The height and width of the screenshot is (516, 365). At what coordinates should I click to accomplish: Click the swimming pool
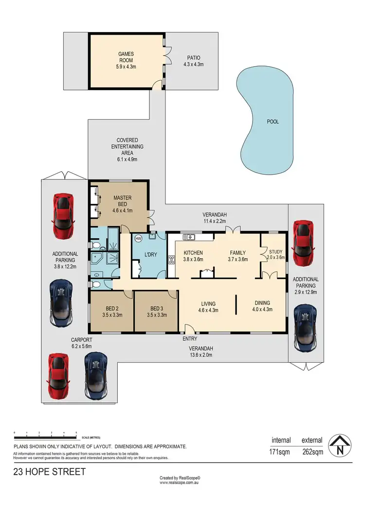267,122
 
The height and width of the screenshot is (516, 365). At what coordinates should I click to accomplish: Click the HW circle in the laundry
138,238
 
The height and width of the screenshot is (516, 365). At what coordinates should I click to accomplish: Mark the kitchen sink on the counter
188,237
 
